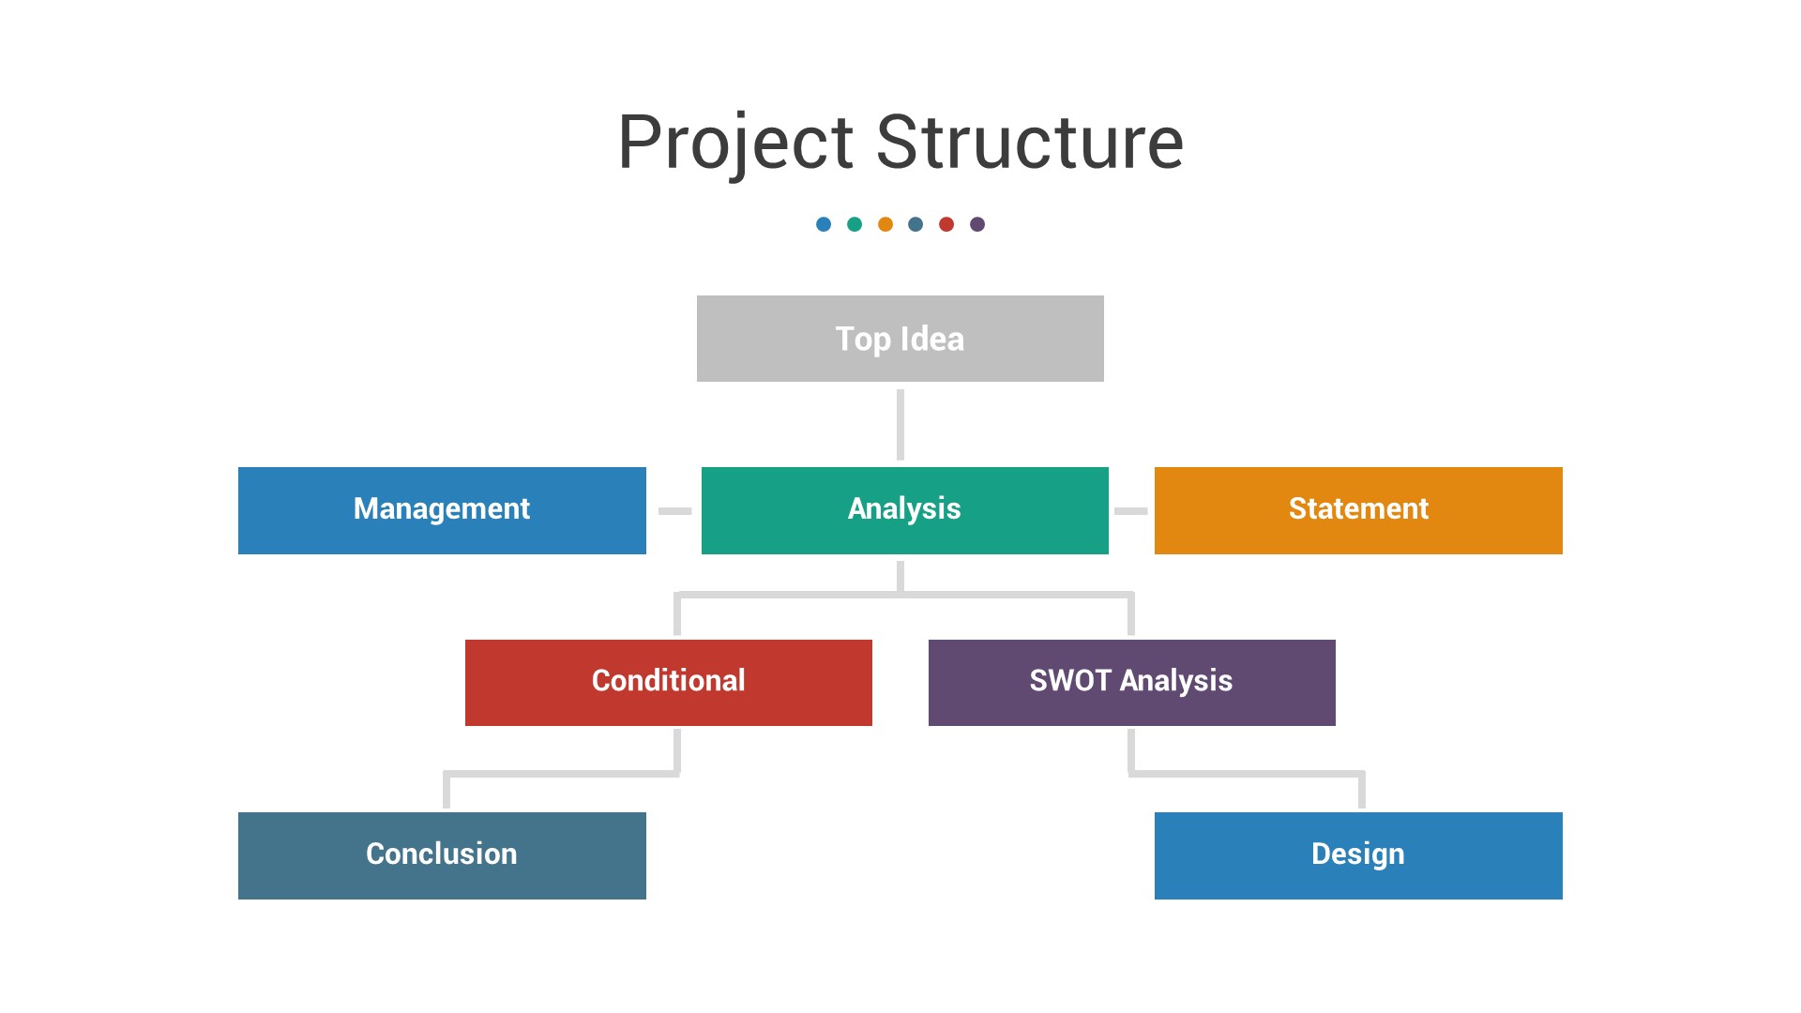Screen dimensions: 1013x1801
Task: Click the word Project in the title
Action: (734, 143)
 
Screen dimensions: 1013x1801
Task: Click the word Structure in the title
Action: (1029, 143)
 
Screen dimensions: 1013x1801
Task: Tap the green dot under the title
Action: (855, 224)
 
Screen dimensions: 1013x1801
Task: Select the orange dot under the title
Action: (885, 224)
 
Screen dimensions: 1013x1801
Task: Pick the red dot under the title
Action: (946, 224)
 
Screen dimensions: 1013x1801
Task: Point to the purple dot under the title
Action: (977, 224)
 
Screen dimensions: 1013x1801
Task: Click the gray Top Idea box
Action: (900, 339)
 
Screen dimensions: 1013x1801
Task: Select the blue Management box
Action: (442, 510)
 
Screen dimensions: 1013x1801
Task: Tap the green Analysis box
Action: (904, 510)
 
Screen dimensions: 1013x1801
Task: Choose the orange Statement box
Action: (1358, 510)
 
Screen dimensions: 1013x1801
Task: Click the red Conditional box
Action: (668, 682)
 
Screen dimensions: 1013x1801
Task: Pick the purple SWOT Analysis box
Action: (1131, 682)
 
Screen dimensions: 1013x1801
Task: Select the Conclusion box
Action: (442, 855)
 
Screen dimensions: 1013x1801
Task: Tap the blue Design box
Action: (1358, 855)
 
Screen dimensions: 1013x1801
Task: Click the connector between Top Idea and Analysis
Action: (900, 424)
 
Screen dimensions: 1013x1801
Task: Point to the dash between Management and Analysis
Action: (674, 511)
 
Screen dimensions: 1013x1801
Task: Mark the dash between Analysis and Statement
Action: (1130, 511)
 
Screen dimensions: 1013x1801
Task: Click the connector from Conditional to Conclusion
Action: (561, 774)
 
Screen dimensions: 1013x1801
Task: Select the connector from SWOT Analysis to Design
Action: (1246, 774)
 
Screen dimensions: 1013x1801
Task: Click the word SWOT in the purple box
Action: (1070, 681)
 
